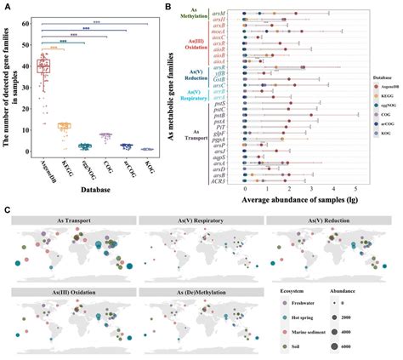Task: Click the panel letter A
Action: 8,7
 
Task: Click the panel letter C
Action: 8,206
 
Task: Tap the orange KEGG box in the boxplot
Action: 64,126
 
